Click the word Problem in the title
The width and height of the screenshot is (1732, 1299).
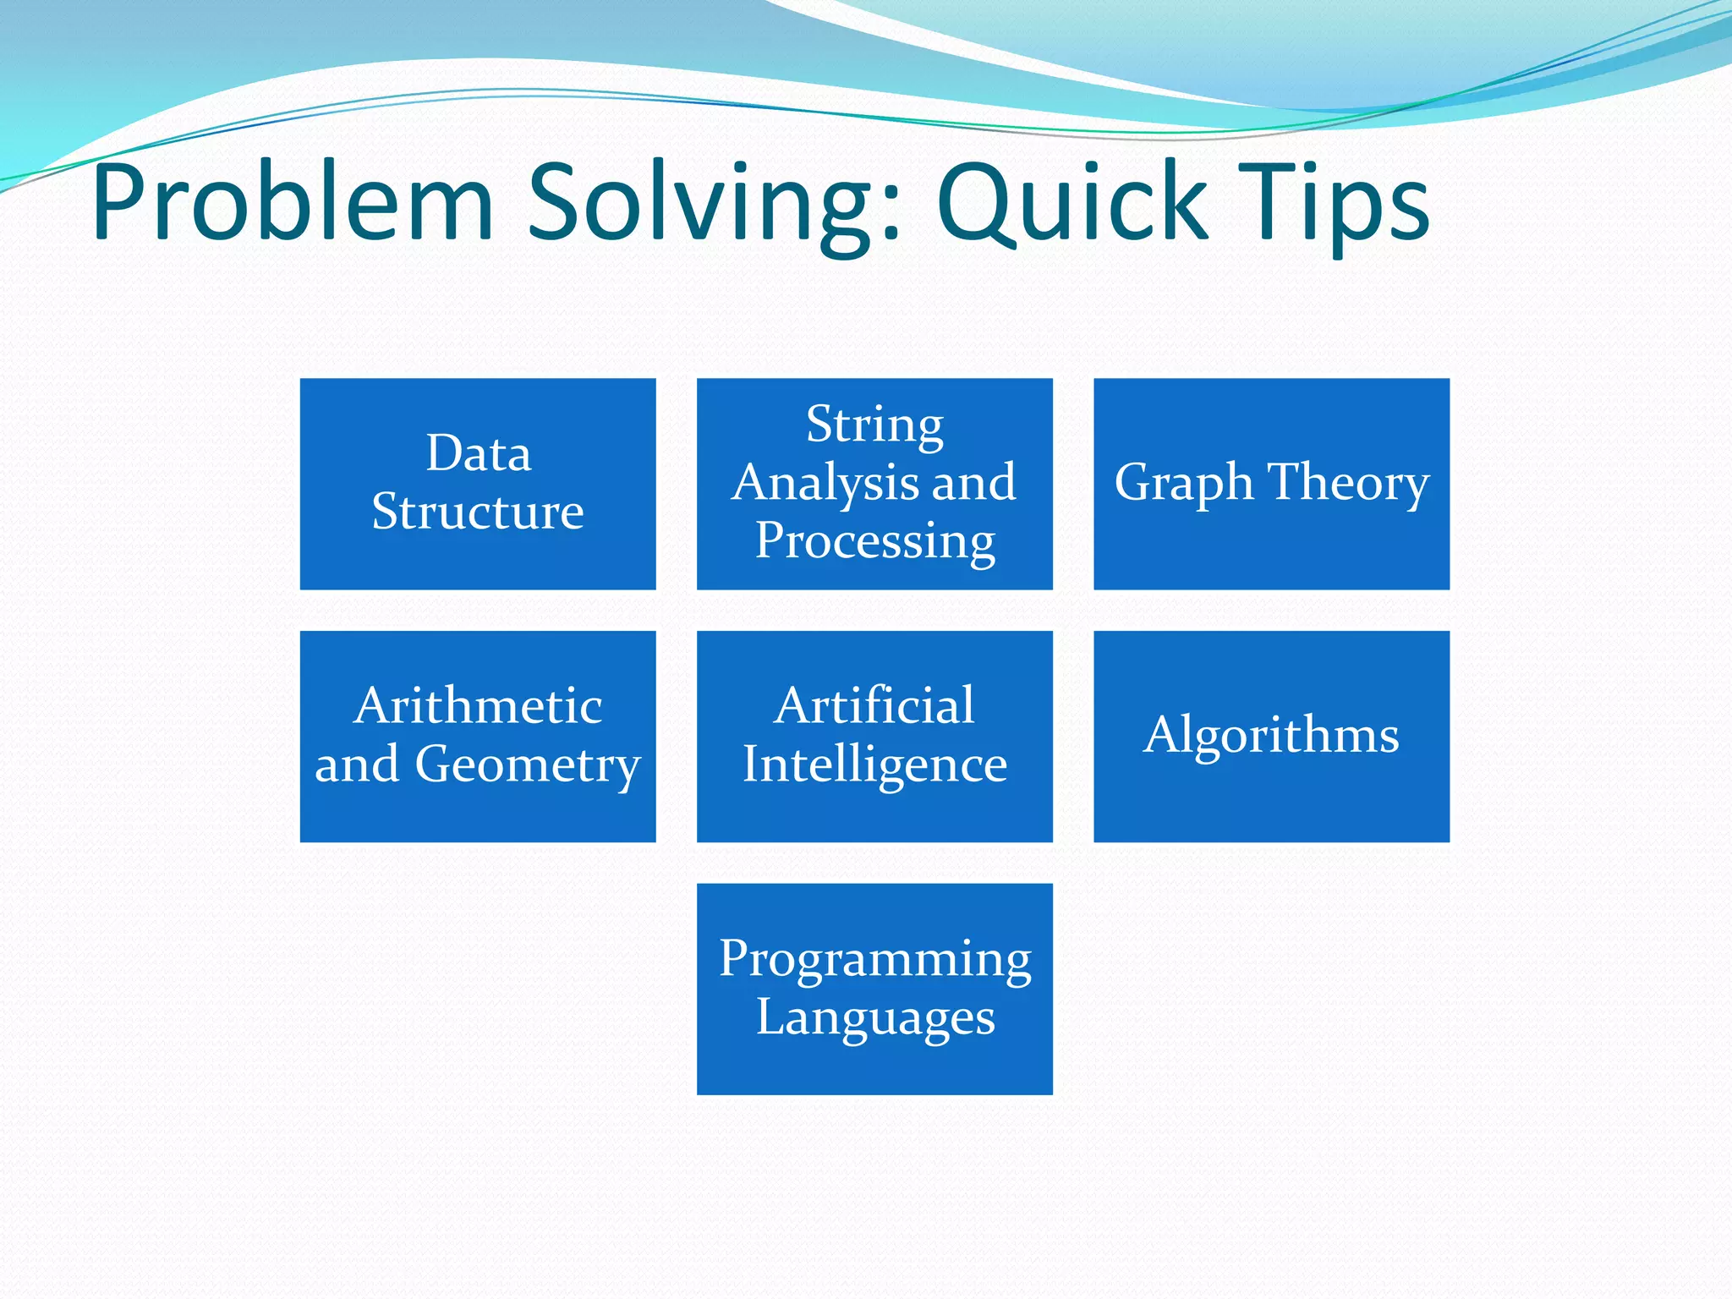click(x=292, y=203)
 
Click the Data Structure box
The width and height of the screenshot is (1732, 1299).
click(x=478, y=483)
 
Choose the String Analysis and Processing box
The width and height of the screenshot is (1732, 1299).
click(x=874, y=483)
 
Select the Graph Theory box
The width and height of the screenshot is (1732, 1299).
click(x=1271, y=483)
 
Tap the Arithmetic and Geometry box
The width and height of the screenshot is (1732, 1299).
click(x=478, y=736)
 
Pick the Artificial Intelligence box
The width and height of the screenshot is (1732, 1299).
click(x=874, y=736)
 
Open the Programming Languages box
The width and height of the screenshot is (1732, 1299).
click(x=874, y=989)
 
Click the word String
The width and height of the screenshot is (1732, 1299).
click(x=874, y=425)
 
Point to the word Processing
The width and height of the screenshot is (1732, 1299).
click(x=874, y=541)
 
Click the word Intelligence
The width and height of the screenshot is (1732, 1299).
click(x=874, y=765)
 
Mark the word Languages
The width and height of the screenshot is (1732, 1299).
click(x=874, y=1017)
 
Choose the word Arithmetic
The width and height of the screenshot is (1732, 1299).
click(x=478, y=706)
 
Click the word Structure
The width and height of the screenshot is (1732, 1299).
click(x=478, y=512)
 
